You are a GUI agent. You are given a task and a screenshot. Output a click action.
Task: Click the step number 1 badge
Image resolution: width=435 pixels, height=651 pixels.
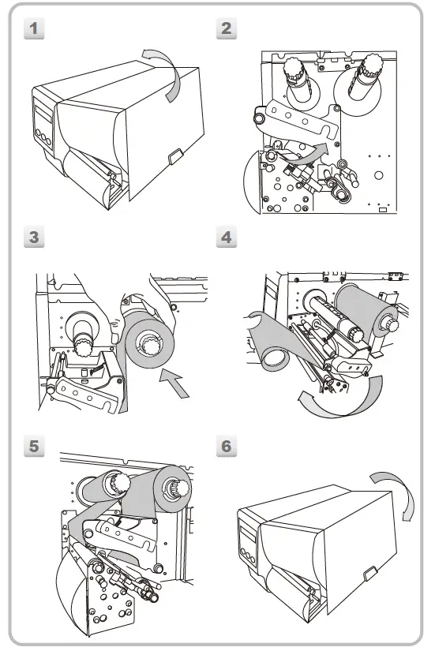coord(34,28)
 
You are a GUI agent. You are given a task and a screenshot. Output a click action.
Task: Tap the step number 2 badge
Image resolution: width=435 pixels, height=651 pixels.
coord(227,28)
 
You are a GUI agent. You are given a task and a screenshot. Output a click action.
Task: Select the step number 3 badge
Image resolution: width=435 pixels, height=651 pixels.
coord(34,237)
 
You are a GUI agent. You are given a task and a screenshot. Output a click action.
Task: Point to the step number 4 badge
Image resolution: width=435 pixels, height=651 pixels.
coord(227,237)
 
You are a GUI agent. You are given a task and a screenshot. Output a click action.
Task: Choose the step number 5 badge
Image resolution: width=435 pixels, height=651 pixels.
coord(34,446)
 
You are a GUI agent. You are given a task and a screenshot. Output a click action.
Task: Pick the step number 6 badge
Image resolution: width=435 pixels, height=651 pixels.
coord(227,446)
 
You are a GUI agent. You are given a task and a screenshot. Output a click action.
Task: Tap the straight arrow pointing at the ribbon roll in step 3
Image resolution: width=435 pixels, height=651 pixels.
coord(175,383)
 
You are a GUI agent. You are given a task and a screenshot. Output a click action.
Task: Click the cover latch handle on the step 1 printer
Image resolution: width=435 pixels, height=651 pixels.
coord(175,155)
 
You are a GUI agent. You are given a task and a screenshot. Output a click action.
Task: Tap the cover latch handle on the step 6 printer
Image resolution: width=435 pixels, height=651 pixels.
coord(369,574)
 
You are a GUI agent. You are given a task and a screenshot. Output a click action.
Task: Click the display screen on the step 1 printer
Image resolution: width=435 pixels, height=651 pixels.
coord(43,114)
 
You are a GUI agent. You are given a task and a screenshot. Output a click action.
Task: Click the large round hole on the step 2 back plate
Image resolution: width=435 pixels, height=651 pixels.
coord(378,175)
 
